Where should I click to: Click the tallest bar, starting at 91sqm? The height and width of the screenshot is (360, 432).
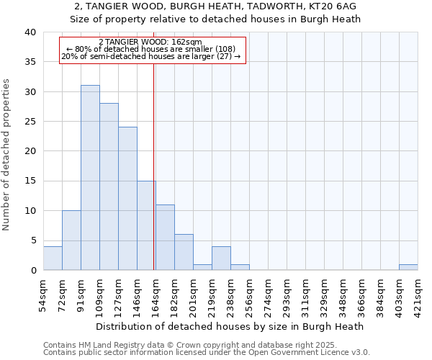click(x=90, y=178)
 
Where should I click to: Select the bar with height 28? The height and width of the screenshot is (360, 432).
click(x=109, y=186)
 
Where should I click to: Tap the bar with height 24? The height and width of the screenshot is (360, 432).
click(x=127, y=199)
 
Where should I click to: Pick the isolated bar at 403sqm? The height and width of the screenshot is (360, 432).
click(x=408, y=267)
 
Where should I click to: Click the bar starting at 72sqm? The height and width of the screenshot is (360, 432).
click(x=71, y=240)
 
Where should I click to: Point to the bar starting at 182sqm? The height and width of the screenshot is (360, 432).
click(x=184, y=252)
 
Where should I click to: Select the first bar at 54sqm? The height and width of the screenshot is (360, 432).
click(x=53, y=258)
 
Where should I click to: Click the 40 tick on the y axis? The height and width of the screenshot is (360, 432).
click(x=30, y=32)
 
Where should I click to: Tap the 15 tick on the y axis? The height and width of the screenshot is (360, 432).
click(x=30, y=181)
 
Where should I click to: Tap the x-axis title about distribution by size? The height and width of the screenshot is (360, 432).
click(x=230, y=326)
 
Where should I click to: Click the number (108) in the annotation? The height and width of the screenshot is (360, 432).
click(x=215, y=49)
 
